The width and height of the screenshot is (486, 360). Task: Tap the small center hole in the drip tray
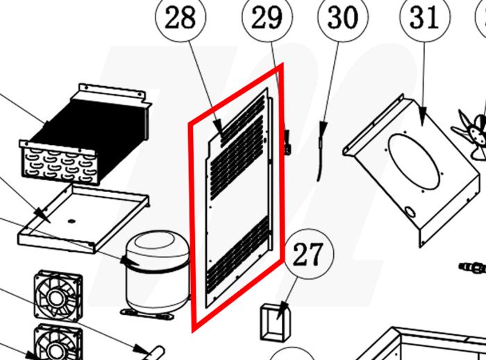pyautogui.click(x=72, y=221)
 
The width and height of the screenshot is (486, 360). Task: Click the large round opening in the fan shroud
pyautogui.click(x=414, y=162)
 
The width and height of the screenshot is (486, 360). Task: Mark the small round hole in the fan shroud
pyautogui.click(x=409, y=212)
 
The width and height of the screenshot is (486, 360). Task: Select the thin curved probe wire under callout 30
pyautogui.click(x=321, y=149)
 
